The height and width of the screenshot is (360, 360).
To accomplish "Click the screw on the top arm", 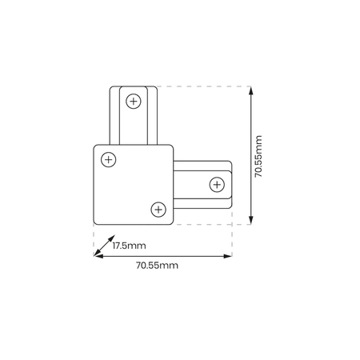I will [133, 102].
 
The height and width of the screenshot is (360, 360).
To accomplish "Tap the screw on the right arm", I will [216, 186].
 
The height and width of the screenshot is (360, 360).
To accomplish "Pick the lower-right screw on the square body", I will [158, 210].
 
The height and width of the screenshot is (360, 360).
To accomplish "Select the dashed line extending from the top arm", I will [200, 86].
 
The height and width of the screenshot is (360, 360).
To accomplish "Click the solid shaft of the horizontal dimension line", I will [160, 256].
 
